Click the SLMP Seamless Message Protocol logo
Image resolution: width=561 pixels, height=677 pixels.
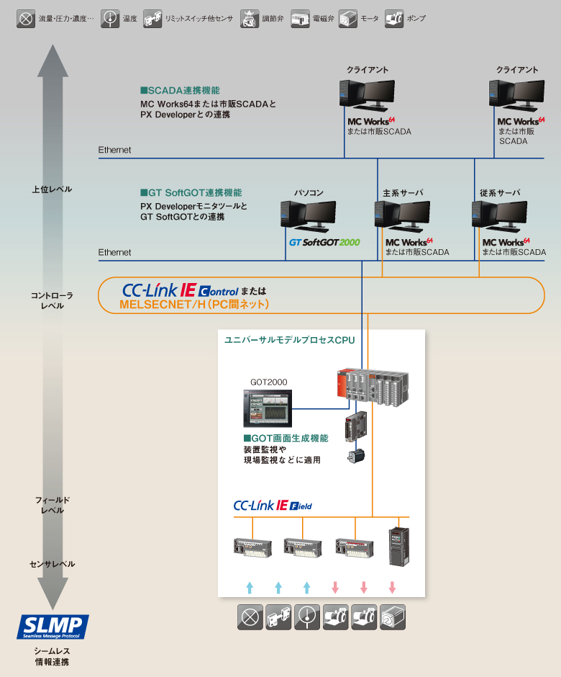(x=53, y=627)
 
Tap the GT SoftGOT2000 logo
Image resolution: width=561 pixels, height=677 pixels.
(x=324, y=243)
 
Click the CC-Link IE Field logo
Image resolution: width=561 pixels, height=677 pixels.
(x=273, y=506)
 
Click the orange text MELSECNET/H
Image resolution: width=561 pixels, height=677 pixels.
(x=194, y=305)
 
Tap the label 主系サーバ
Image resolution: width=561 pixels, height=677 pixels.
(x=403, y=192)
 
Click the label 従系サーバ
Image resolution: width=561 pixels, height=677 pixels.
(x=500, y=192)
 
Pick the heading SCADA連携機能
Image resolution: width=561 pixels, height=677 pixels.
(x=180, y=91)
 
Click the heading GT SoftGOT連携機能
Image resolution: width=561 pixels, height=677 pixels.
(x=191, y=193)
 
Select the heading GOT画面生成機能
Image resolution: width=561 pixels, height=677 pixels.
(x=286, y=438)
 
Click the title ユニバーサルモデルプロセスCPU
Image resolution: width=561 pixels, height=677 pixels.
(x=290, y=339)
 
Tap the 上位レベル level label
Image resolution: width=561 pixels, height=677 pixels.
(x=52, y=189)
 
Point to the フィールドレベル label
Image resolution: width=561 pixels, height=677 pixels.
(x=53, y=505)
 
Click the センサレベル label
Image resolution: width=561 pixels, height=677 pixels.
(x=53, y=564)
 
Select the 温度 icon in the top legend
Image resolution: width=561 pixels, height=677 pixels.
(x=110, y=18)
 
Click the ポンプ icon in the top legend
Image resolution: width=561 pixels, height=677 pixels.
(x=394, y=18)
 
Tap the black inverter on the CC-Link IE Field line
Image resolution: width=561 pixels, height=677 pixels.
(x=398, y=544)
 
